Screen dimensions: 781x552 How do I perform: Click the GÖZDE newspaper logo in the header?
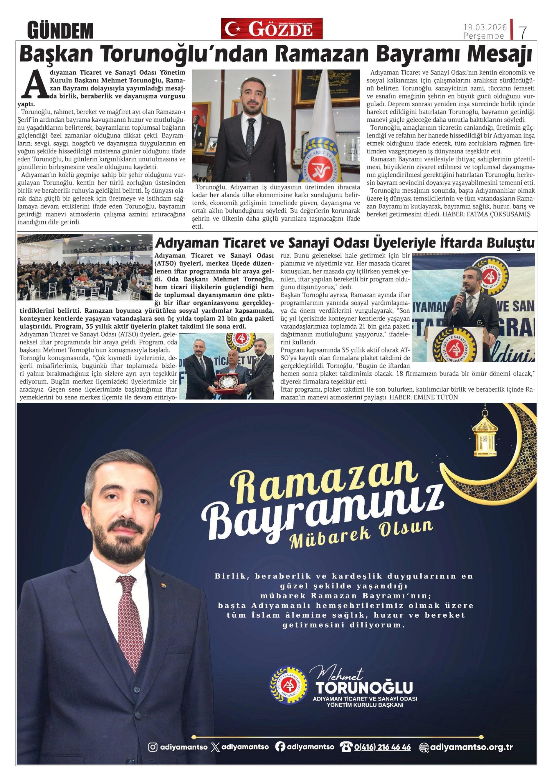272,29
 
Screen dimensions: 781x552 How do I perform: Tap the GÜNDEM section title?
60,30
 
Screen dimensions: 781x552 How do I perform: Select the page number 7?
522,33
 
